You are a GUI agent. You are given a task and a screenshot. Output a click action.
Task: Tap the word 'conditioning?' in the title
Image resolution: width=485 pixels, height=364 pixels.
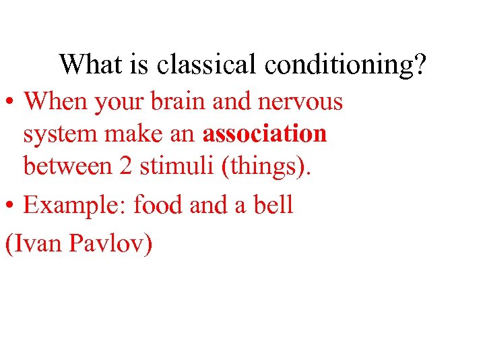[x=346, y=65]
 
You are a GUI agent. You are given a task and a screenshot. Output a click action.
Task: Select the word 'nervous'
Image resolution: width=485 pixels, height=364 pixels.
[x=301, y=102]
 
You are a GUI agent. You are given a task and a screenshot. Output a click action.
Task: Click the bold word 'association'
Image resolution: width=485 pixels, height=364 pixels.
[x=265, y=133]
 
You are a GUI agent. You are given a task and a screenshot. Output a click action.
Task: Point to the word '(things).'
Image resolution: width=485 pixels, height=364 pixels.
[x=263, y=166]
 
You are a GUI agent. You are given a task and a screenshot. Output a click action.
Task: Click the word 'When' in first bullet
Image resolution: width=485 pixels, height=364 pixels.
[x=56, y=102]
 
